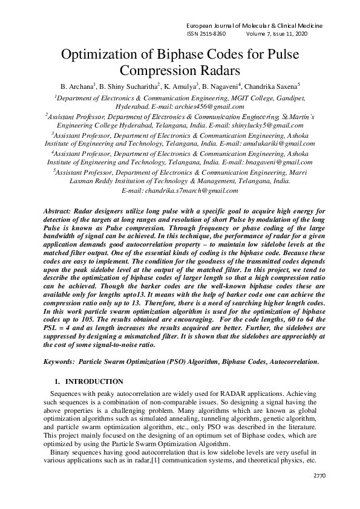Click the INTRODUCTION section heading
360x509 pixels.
point(94,382)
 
